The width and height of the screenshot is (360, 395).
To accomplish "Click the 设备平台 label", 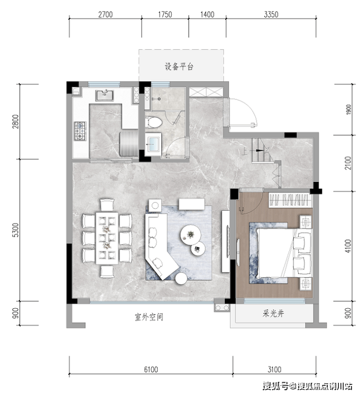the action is (x=179, y=67).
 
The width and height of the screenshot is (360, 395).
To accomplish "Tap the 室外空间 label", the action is (x=149, y=317).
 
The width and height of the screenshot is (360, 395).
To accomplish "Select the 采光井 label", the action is (x=273, y=314).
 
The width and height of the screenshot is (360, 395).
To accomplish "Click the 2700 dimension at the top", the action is (x=105, y=15).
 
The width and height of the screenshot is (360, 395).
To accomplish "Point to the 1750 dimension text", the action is (x=165, y=15).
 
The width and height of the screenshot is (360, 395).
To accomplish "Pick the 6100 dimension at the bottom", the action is (x=151, y=369).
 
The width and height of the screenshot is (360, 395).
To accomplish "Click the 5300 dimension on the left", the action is (x=16, y=230).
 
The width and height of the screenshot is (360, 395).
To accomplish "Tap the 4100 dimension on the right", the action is (x=348, y=246).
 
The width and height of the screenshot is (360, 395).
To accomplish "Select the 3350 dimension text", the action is (x=271, y=15).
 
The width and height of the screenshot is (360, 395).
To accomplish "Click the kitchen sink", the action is (x=105, y=95).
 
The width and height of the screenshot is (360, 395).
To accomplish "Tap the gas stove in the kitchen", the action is (x=80, y=131).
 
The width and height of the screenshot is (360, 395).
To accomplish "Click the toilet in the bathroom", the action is (x=153, y=122).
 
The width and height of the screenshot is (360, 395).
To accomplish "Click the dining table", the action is (x=107, y=238).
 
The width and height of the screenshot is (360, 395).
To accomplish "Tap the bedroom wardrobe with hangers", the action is (x=290, y=200).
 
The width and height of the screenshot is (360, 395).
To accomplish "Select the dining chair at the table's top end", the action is (x=107, y=205).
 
